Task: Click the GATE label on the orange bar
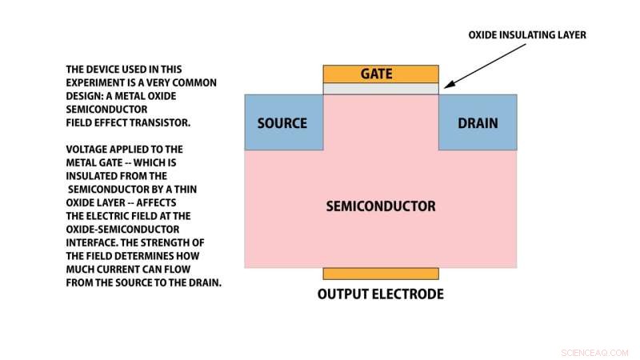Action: point(381,74)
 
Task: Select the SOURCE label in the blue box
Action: point(282,123)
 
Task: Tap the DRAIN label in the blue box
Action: point(478,123)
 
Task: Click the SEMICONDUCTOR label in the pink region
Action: point(381,206)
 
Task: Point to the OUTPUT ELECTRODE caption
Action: point(381,294)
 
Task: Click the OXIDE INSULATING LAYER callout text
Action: point(527,34)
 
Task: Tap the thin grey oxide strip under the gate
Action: point(381,89)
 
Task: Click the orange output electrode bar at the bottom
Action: point(381,274)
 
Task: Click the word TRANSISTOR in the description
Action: point(163,122)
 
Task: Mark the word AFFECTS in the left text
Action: point(163,202)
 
